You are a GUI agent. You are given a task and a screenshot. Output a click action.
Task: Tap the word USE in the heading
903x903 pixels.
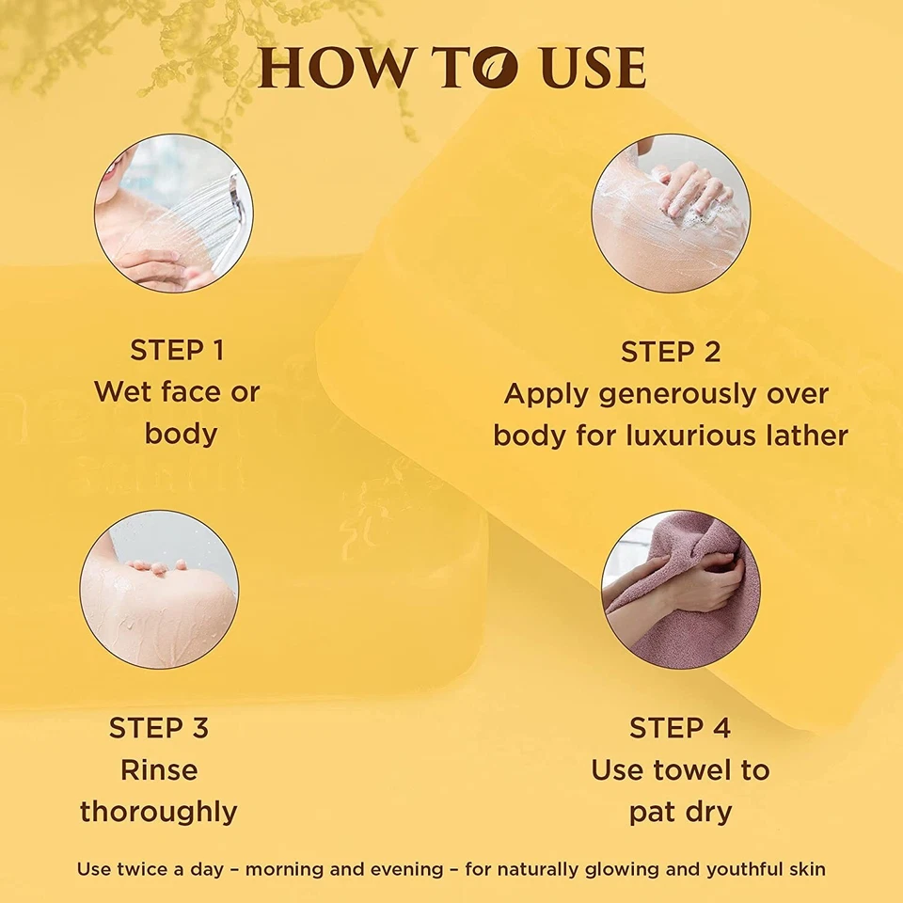coord(593,69)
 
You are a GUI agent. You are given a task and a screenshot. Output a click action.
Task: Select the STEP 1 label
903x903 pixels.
coord(177,351)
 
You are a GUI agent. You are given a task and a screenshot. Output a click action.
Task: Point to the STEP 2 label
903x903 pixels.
coord(671,353)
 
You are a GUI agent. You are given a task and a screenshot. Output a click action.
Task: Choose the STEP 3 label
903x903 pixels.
coord(158,728)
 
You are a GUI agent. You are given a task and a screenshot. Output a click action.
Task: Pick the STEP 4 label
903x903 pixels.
coord(680,728)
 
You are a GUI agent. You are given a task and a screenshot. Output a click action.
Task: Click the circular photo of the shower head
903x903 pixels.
coord(173,213)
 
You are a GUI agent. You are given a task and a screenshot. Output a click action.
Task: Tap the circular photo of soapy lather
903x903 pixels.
coord(671,213)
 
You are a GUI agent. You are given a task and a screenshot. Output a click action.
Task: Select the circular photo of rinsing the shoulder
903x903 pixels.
coord(158,590)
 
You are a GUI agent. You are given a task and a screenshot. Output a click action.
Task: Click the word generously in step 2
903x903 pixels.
coord(664,393)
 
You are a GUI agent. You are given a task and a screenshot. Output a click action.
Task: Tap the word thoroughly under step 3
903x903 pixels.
coord(158,812)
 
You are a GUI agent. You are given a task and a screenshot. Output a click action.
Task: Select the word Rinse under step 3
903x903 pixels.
coord(158,770)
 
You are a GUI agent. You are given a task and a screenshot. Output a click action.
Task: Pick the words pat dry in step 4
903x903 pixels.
coord(680,812)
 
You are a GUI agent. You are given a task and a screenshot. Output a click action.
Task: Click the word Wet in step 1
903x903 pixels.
coord(122,392)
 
